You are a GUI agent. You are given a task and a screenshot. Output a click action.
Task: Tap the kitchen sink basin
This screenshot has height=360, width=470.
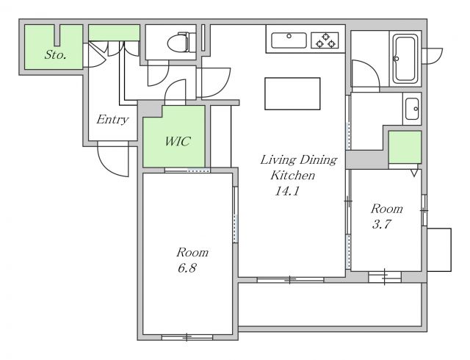(x=289, y=40)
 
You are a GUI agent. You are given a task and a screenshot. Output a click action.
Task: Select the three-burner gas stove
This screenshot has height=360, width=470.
(x=325, y=40)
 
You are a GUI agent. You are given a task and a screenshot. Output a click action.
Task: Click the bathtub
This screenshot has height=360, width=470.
(x=405, y=59)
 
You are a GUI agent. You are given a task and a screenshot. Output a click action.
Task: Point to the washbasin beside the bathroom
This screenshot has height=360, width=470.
(x=412, y=109)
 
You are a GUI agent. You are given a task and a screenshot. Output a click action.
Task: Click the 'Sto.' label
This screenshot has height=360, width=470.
(x=55, y=54)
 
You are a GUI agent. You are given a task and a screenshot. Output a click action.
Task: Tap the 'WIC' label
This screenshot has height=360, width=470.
(x=178, y=141)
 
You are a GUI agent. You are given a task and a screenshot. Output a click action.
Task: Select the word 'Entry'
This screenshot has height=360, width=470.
(x=112, y=120)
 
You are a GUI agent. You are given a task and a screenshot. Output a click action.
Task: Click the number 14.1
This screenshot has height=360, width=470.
(x=287, y=191)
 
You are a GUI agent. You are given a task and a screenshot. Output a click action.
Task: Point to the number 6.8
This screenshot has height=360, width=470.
(x=187, y=268)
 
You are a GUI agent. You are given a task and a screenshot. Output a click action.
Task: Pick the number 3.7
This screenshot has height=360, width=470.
(x=382, y=224)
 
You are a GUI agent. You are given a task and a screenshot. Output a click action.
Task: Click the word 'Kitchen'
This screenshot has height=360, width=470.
(x=292, y=175)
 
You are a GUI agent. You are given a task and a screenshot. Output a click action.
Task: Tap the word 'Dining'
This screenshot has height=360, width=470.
(x=318, y=160)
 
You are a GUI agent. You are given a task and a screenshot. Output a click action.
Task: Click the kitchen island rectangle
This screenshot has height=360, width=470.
(x=292, y=93)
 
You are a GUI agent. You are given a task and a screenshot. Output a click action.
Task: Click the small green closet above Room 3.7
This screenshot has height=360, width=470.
(x=405, y=147)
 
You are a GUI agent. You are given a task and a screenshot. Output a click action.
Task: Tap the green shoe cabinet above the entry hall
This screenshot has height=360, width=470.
(x=115, y=33)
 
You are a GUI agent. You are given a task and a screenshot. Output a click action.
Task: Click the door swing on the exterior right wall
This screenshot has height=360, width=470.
(x=433, y=56)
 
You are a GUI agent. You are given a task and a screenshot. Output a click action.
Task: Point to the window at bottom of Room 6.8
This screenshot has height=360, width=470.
(x=187, y=337)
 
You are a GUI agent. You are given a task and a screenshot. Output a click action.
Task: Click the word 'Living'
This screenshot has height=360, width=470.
(x=278, y=160)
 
